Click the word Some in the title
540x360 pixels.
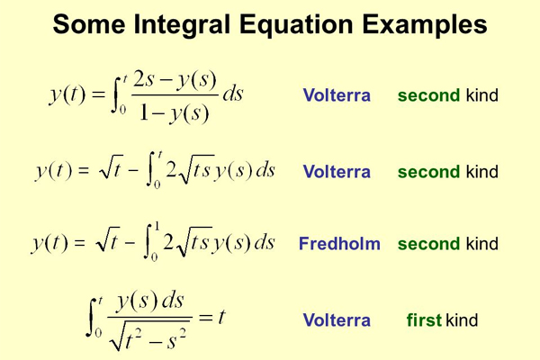[x=85, y=24]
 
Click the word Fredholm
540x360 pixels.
[x=339, y=244]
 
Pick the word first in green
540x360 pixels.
[x=424, y=320]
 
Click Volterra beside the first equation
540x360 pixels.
[x=337, y=95]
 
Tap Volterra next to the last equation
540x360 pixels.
[x=337, y=320]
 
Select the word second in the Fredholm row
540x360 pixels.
[x=429, y=244]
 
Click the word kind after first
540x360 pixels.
[x=462, y=320]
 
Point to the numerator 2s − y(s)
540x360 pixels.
[x=174, y=80]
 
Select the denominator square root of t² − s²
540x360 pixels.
[x=148, y=338]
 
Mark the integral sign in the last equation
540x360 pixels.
[x=93, y=318]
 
